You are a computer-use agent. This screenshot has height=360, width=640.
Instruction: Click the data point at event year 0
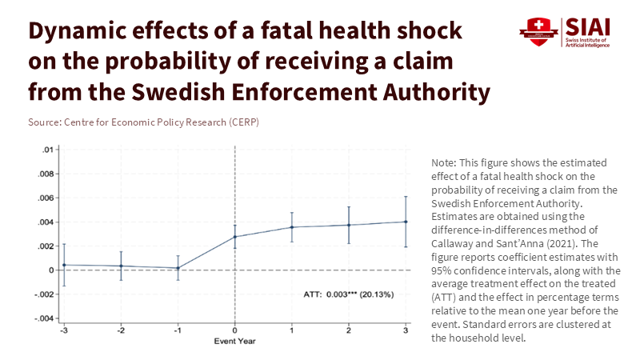click(234, 236)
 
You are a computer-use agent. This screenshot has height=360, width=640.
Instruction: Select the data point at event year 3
click(406, 222)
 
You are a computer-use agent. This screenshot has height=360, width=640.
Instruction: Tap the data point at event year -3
click(64, 265)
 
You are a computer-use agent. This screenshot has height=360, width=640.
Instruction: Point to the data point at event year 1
click(292, 227)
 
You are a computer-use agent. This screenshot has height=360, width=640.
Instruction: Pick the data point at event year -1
click(178, 268)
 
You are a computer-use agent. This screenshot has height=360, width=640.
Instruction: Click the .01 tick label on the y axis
click(49, 150)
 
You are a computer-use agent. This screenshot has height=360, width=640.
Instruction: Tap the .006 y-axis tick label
click(47, 198)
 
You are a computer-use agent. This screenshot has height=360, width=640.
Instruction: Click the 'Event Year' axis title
click(234, 342)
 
